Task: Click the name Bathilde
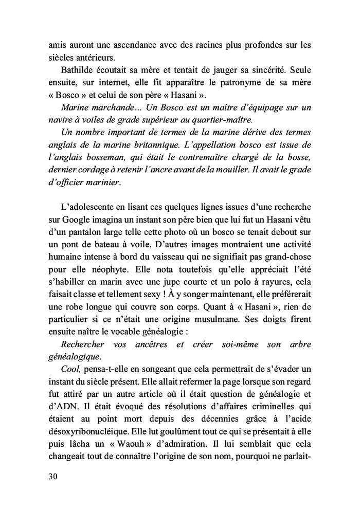[x=80, y=69]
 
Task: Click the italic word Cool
[x=70, y=370]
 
